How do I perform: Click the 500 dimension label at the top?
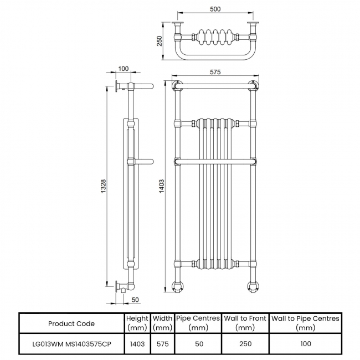click(x=216, y=9)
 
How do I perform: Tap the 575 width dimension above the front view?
click(x=216, y=72)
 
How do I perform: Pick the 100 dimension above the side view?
click(x=124, y=69)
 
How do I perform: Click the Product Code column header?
click(x=71, y=323)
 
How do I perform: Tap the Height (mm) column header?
click(x=137, y=323)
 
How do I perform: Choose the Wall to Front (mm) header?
click(x=245, y=323)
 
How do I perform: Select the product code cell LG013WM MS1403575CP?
click(x=71, y=343)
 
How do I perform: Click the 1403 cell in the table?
click(x=137, y=343)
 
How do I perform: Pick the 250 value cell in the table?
click(x=245, y=343)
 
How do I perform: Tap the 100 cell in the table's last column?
click(x=305, y=343)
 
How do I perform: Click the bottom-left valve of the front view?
click(x=177, y=286)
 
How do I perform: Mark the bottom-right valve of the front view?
click(x=254, y=286)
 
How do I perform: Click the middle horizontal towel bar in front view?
click(x=215, y=161)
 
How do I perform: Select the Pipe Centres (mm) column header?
click(x=198, y=323)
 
